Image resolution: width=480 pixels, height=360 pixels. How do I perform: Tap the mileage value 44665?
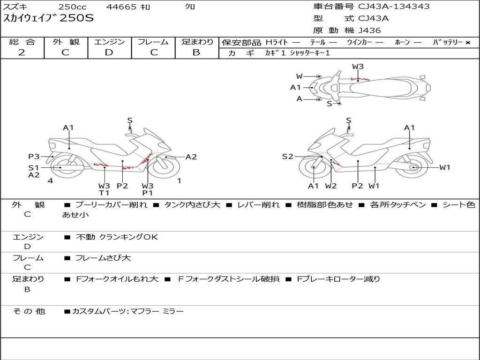tap(121, 7)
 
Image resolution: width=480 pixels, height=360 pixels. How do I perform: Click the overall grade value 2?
tap(22, 52)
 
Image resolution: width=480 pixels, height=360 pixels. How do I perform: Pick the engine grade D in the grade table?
tap(109, 52)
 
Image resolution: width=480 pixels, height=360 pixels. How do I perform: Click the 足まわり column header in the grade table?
tap(197, 42)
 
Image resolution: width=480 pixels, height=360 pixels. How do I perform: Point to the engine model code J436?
tap(369, 30)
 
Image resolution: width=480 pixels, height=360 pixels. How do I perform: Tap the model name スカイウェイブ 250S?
tap(49, 18)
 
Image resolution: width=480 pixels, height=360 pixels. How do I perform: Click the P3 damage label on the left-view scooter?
tap(34, 157)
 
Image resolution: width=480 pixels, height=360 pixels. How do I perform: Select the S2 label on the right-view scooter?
tap(287, 157)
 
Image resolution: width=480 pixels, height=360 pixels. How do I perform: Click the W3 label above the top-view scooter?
tap(358, 67)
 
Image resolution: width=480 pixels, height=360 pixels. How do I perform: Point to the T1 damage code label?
tap(104, 193)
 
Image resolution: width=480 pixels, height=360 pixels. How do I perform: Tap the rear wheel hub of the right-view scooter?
tap(413, 167)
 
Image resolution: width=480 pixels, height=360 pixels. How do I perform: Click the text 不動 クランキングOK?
tap(117, 237)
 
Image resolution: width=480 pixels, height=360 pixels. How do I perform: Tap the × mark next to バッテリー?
tap(467, 42)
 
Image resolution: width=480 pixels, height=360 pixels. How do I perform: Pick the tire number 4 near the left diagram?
tap(50, 180)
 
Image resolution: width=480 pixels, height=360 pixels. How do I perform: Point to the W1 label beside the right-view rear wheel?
tap(444, 167)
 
